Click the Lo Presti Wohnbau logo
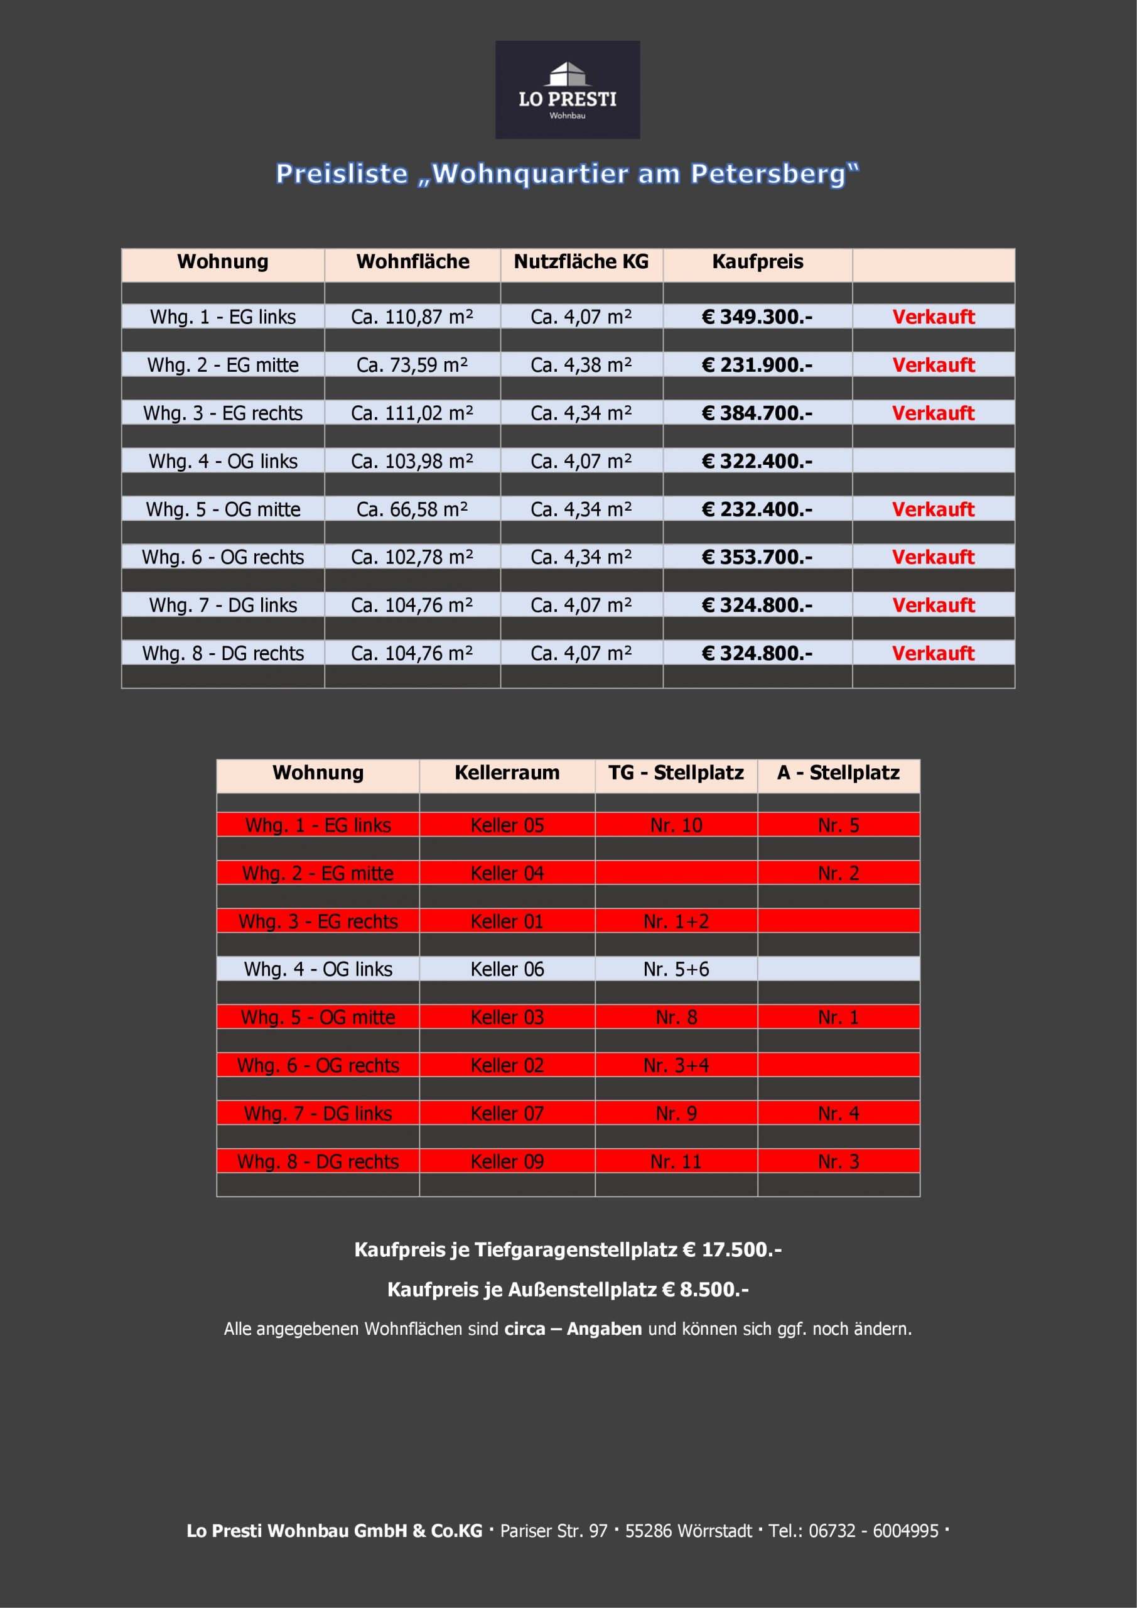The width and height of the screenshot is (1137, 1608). [x=567, y=90]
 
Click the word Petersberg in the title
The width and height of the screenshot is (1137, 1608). [x=773, y=174]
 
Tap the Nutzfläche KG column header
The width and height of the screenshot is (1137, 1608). [x=581, y=262]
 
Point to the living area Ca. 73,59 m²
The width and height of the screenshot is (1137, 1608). [x=412, y=365]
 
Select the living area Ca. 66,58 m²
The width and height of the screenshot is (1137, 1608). [x=412, y=509]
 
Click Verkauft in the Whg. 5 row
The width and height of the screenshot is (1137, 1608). [x=933, y=509]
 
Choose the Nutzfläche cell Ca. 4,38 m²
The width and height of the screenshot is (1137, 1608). [x=581, y=365]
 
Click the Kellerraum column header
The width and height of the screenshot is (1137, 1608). [x=507, y=773]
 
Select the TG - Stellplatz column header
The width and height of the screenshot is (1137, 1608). [x=676, y=773]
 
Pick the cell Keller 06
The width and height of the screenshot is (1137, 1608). [x=507, y=969]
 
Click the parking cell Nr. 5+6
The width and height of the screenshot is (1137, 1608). [x=676, y=969]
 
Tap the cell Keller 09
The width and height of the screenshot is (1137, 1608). [x=507, y=1161]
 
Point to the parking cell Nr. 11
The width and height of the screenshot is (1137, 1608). [x=676, y=1161]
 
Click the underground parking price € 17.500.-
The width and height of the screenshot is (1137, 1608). [x=731, y=1250]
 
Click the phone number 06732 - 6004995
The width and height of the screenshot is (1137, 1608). [x=873, y=1531]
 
